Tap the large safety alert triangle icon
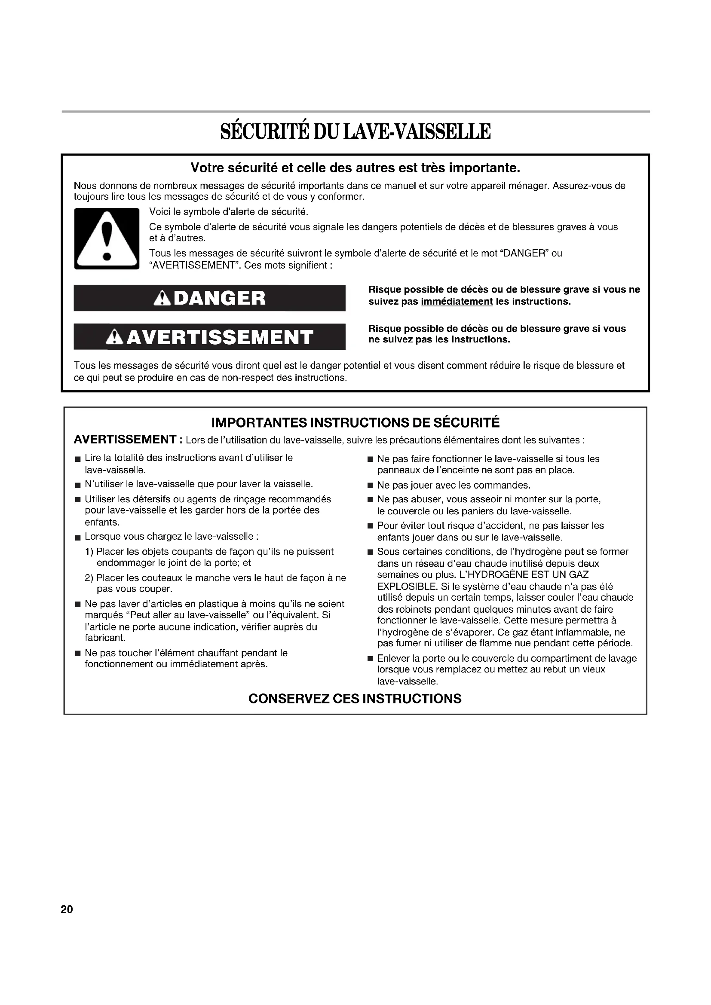(106, 238)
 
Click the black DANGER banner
(209, 298)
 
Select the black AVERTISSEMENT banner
(209, 336)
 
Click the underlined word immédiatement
(457, 302)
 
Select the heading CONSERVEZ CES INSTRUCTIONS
(355, 699)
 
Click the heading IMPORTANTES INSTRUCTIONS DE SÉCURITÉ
(355, 422)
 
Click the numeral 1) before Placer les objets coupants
(89, 552)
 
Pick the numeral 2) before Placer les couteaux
(89, 578)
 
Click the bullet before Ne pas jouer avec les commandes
(370, 486)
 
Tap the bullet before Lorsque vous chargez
(77, 537)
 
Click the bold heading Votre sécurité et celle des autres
(355, 168)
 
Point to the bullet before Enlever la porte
(370, 659)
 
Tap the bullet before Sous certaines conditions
(370, 552)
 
